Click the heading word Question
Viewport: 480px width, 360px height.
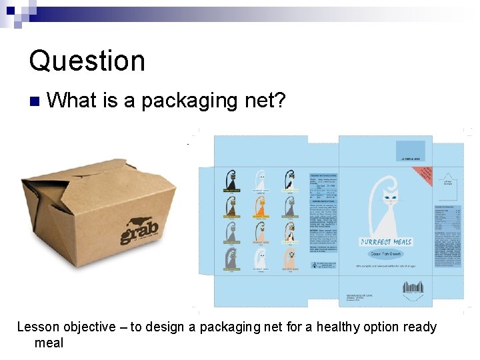[87, 61]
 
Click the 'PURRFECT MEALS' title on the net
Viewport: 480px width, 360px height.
[386, 241]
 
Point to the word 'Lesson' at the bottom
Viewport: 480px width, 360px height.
[38, 327]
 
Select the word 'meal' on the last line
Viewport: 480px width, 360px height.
[49, 343]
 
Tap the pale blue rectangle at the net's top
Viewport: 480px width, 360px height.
[410, 150]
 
